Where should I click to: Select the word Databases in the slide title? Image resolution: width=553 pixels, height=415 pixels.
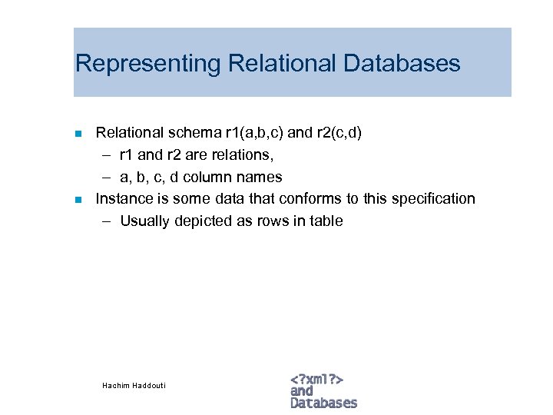tap(402, 63)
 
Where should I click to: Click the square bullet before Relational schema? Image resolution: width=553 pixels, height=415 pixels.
tap(78, 134)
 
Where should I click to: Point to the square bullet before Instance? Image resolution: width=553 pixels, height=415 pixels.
tap(78, 200)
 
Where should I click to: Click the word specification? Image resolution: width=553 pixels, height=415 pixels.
tap(433, 199)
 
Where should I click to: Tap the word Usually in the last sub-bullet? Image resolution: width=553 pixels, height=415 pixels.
tap(145, 221)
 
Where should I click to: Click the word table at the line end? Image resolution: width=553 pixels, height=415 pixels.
tap(326, 221)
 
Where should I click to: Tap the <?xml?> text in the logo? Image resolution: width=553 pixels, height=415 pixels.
tap(316, 378)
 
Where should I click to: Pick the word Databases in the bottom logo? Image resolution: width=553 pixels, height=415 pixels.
tap(323, 403)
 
